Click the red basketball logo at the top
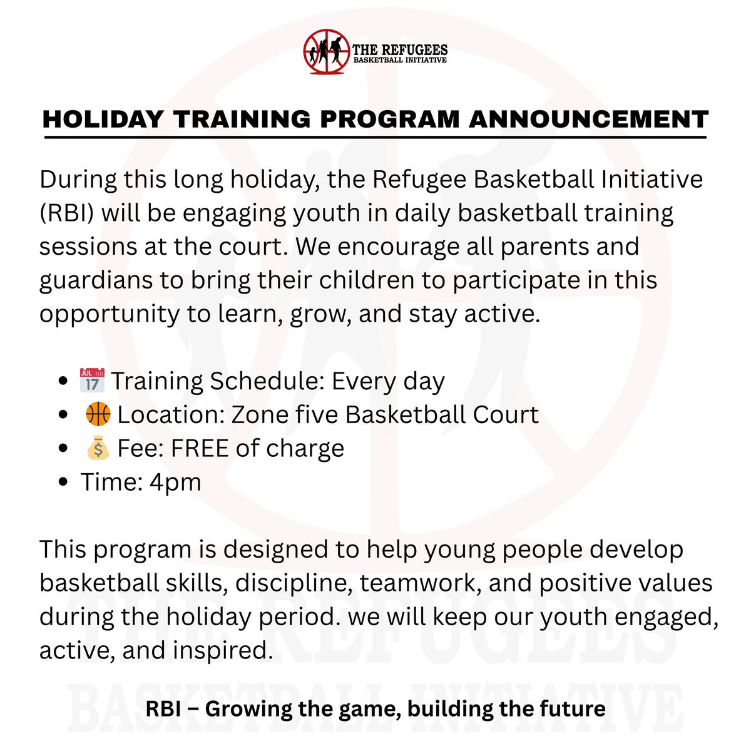325,53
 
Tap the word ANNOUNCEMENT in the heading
589,119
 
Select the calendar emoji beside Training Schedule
92,381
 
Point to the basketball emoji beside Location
97,414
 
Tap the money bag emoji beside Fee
97,448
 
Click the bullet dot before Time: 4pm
63,483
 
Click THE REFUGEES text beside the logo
400,49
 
